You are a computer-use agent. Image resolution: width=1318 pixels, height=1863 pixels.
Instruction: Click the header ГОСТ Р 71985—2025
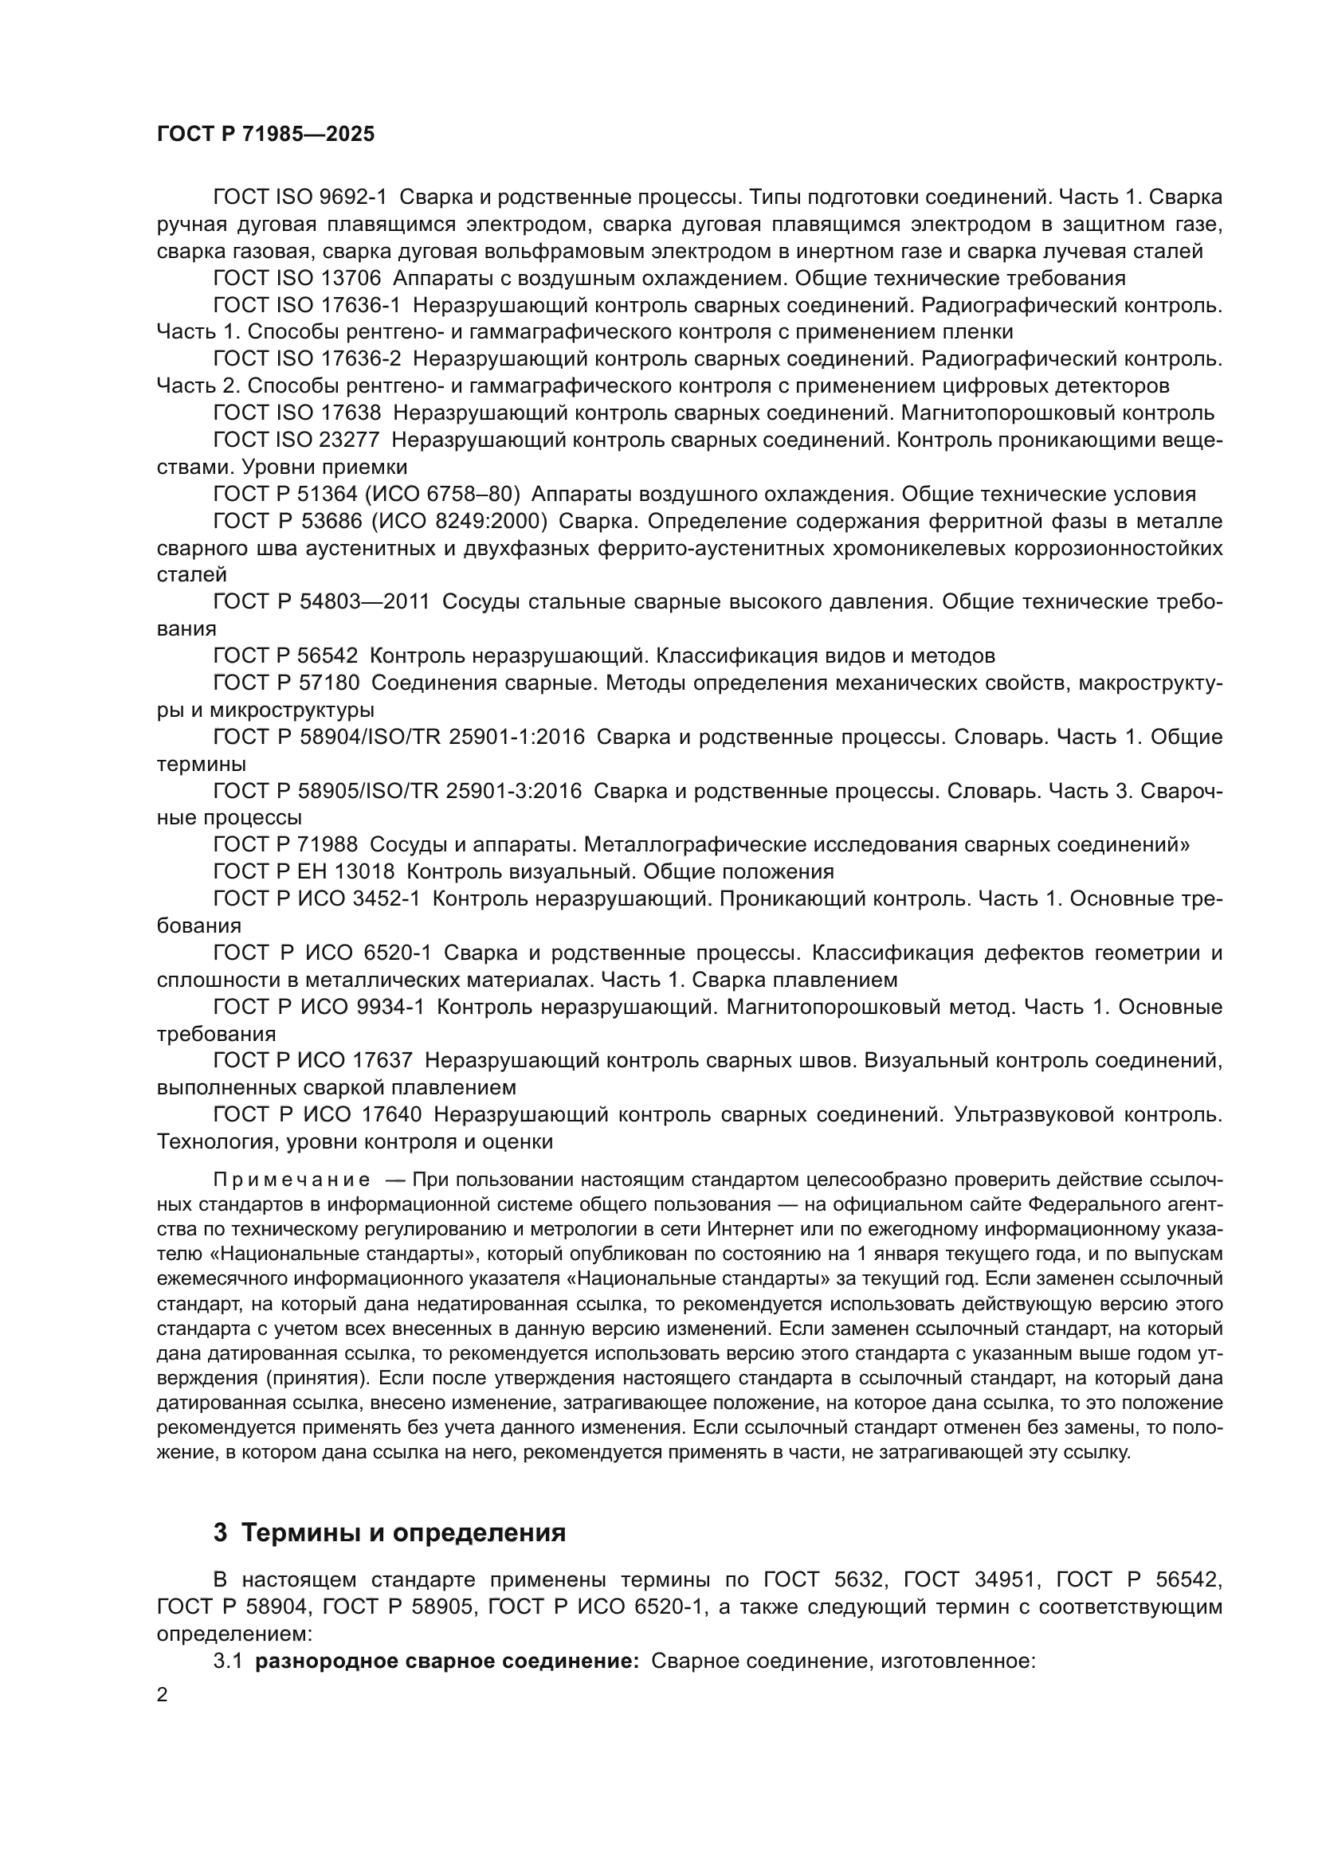(x=265, y=135)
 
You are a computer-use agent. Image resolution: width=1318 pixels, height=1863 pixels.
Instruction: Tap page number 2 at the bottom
(x=163, y=1695)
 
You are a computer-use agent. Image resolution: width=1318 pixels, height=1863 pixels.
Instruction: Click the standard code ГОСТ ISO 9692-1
(x=300, y=198)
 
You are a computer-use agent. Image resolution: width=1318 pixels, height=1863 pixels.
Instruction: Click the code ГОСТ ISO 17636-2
(x=307, y=358)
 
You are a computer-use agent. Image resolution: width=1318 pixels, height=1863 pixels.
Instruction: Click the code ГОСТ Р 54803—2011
(x=321, y=602)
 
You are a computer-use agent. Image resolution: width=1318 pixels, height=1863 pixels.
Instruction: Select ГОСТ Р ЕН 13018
(x=304, y=872)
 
